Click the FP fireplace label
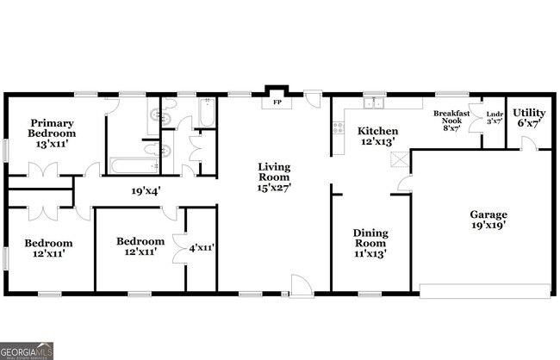[277, 102]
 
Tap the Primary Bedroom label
[52, 133]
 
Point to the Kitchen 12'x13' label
[377, 136]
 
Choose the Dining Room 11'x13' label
[370, 244]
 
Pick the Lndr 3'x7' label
[495, 119]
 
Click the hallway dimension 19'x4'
[147, 192]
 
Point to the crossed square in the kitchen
[398, 159]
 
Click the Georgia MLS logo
[27, 351]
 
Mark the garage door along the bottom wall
[485, 291]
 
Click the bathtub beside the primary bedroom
[130, 164]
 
